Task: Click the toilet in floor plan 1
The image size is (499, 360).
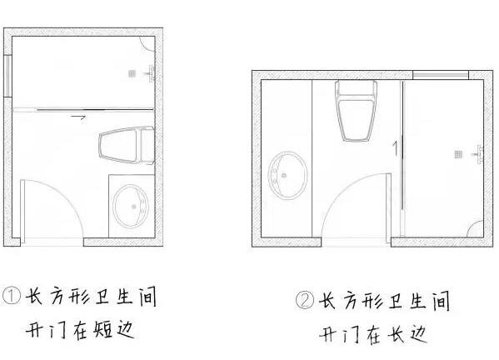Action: click(x=127, y=146)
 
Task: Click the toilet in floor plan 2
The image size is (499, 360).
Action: click(x=356, y=110)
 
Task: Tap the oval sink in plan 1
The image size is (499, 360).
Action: click(x=131, y=207)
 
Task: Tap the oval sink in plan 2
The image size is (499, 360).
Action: click(x=287, y=175)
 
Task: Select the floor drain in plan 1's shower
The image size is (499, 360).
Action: click(x=132, y=74)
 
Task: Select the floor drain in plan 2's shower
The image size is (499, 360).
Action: click(x=458, y=154)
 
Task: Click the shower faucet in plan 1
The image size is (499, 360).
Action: click(x=151, y=74)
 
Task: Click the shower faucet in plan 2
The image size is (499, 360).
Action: click(x=479, y=154)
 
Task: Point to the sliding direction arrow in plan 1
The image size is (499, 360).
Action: click(x=78, y=117)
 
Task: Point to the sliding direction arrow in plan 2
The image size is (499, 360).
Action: click(x=396, y=147)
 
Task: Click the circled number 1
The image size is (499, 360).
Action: click(x=11, y=296)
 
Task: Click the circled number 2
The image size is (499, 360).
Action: click(x=305, y=300)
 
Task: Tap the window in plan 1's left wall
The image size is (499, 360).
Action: click(x=8, y=76)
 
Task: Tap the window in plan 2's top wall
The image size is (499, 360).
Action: click(x=441, y=75)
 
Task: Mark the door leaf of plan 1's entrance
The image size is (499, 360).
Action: click(x=22, y=212)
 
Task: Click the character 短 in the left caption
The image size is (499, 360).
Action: click(x=103, y=329)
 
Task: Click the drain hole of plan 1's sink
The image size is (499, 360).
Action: click(x=134, y=207)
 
